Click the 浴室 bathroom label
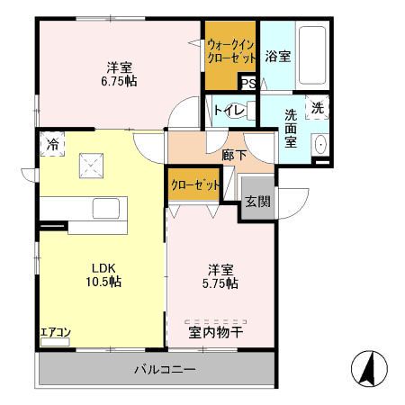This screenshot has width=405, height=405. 278,56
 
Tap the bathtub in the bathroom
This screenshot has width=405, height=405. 312,56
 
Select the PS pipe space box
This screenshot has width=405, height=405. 248,83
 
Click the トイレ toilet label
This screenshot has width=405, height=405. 229,111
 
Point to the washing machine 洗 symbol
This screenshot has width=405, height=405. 318,107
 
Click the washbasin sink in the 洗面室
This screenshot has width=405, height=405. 320,145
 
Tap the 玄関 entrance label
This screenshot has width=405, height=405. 257,202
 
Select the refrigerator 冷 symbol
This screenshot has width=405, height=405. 52,144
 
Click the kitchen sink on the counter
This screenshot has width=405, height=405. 106,208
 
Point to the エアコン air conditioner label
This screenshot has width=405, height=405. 56,332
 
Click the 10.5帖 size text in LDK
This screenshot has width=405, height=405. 103,282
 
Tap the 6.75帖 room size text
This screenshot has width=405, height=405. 119,81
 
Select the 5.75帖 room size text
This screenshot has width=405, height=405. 220,283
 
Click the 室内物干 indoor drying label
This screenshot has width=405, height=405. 216,332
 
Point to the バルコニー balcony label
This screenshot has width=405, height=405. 165,369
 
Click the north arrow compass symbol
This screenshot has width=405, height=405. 369,368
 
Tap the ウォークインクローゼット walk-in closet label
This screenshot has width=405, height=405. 231,51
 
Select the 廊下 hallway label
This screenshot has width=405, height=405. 234,155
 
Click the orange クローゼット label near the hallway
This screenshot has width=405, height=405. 195,184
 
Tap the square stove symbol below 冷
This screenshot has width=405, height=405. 91,166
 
